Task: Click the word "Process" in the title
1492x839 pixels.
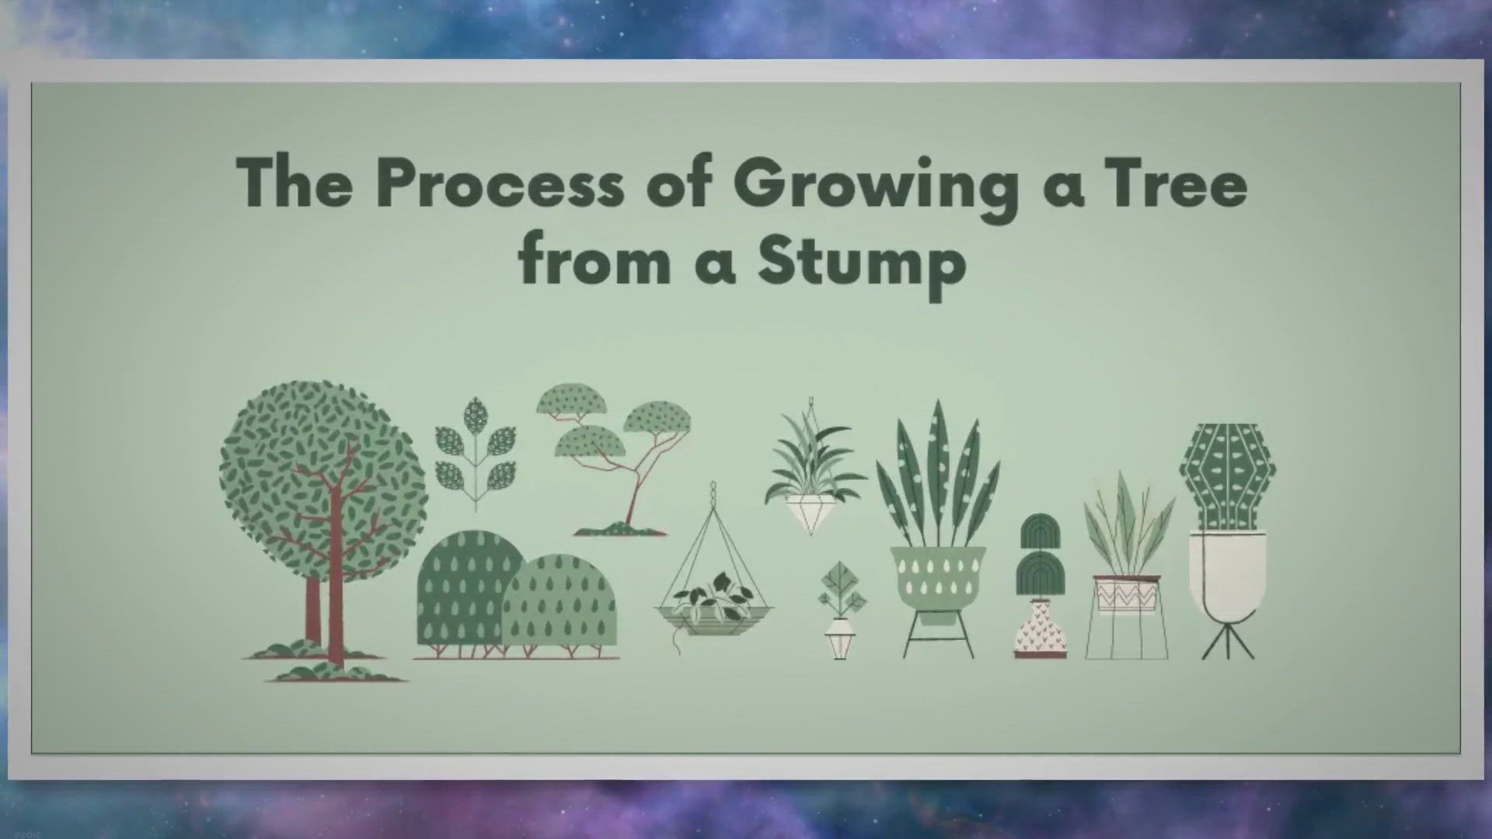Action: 500,183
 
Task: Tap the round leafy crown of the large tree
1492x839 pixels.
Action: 322,482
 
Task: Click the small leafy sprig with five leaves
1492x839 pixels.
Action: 475,453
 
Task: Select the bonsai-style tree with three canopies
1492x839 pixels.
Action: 614,458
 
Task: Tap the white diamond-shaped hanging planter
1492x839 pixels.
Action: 810,513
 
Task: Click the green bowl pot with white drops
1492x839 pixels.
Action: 938,576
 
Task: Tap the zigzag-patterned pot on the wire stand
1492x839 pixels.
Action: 1127,594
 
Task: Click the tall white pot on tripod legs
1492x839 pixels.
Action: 1228,575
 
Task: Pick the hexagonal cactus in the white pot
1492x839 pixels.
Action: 1227,476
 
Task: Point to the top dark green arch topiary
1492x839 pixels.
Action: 1041,531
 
